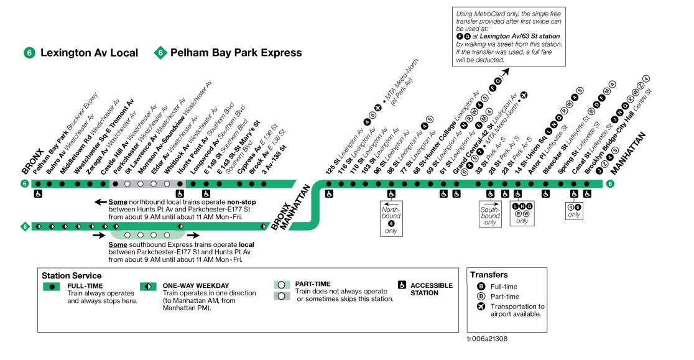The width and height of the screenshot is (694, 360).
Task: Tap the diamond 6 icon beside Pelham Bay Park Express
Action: pos(160,53)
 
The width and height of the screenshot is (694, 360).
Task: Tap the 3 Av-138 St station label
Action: pos(274,158)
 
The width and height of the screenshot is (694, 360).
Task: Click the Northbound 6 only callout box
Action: pos(391,218)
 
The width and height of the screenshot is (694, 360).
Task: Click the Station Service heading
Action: pos(72,275)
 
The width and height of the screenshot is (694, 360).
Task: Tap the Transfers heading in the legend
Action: pos(489,275)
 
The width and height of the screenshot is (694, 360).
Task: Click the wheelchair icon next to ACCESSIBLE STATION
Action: pos(402,285)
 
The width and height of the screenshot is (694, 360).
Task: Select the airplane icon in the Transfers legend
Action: pos(480,307)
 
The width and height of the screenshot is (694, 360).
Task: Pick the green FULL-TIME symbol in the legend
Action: pos(52,287)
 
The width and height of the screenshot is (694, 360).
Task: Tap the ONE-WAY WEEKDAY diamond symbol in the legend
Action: pos(148,287)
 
